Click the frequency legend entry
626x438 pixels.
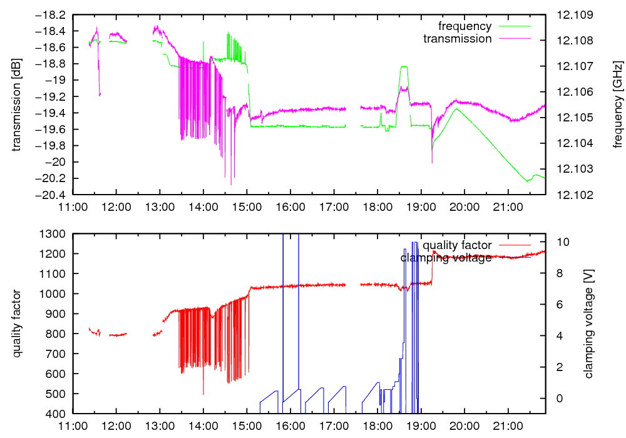(x=464, y=26)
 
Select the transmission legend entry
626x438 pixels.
(x=458, y=39)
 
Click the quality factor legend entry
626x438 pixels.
(x=456, y=245)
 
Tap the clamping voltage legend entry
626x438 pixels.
(x=446, y=258)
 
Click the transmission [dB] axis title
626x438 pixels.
(x=17, y=104)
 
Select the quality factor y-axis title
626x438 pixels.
(x=17, y=323)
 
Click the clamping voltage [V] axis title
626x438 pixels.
(x=588, y=323)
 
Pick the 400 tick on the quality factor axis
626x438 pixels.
(x=59, y=414)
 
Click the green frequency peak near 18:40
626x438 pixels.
(x=404, y=66)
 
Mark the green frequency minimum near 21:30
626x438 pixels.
(x=528, y=181)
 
